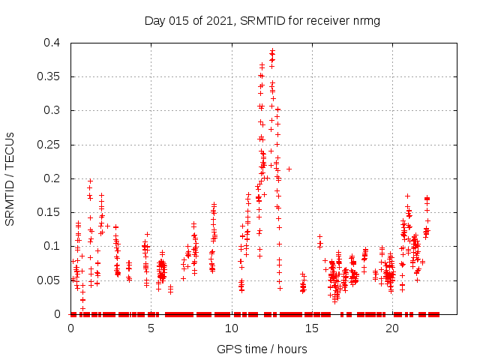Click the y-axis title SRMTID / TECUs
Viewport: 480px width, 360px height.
(10, 178)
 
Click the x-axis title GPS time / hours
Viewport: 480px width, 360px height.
(262, 349)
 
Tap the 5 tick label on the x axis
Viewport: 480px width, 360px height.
(151, 328)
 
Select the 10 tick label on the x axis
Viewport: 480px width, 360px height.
(232, 328)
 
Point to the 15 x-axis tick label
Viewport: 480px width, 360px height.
(312, 328)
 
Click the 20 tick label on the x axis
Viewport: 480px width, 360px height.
(392, 328)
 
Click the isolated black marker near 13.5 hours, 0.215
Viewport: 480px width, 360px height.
(289, 169)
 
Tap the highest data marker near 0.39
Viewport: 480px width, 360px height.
(272, 51)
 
